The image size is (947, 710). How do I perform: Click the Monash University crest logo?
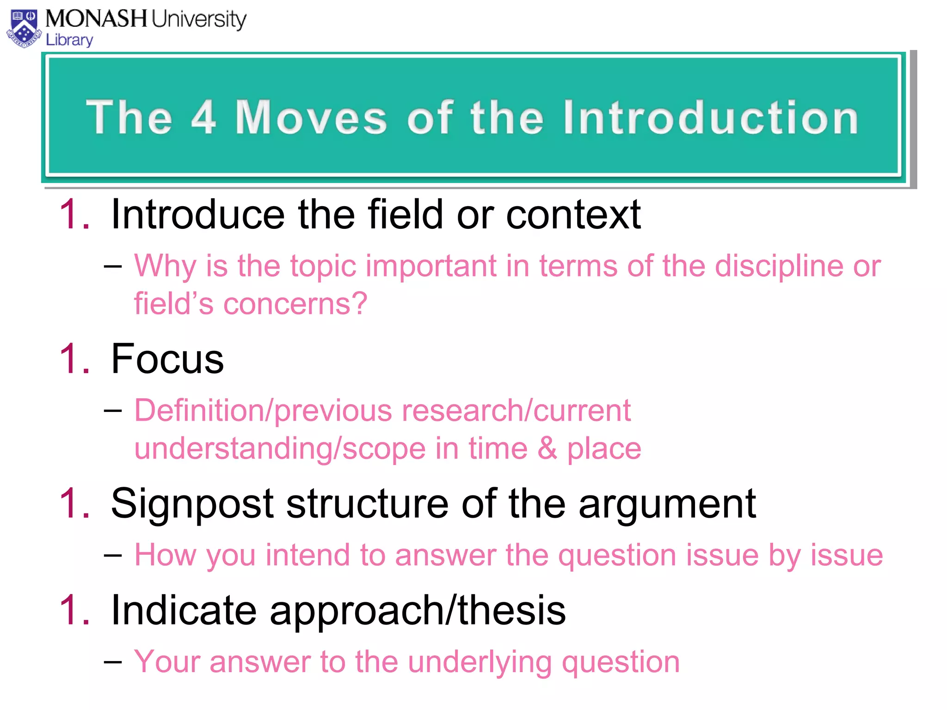pyautogui.click(x=24, y=29)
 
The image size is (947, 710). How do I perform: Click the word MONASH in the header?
pyautogui.click(x=96, y=19)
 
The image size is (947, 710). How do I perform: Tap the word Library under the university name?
pyautogui.click(x=69, y=40)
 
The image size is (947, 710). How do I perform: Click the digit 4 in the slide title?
pyautogui.click(x=203, y=117)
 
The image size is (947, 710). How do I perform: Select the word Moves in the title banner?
pyautogui.click(x=311, y=117)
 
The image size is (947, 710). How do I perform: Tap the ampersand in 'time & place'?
pyautogui.click(x=547, y=448)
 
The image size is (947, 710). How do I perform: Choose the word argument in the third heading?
pyautogui.click(x=667, y=504)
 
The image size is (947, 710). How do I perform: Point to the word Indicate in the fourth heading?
pyautogui.click(x=184, y=610)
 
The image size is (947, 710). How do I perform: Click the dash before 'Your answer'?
pyautogui.click(x=113, y=661)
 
